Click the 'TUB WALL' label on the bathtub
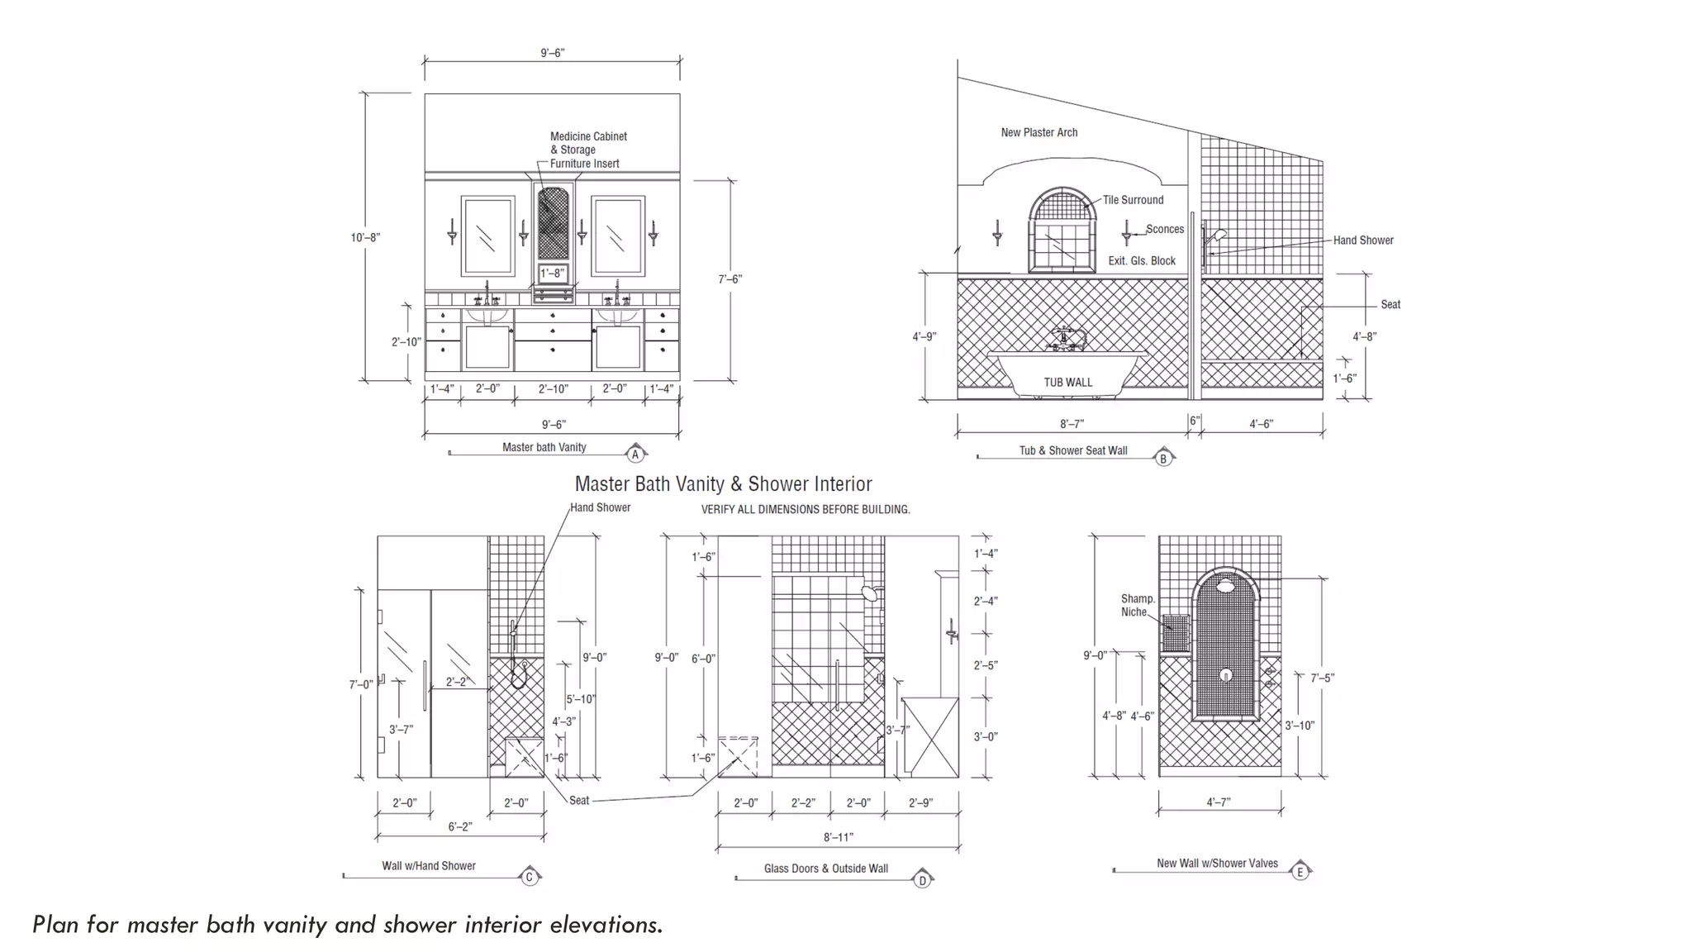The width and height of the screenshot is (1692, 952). click(1067, 382)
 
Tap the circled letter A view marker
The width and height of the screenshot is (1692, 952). click(635, 455)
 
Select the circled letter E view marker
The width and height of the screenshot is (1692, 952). click(1300, 872)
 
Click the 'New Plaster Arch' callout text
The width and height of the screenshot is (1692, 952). click(1038, 132)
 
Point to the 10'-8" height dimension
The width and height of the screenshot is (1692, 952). click(364, 237)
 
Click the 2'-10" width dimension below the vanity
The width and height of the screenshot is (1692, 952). click(553, 388)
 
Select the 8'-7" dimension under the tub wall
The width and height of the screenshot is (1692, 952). click(1072, 424)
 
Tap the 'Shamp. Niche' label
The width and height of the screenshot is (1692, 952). click(1137, 605)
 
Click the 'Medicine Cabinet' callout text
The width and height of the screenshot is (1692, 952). click(588, 136)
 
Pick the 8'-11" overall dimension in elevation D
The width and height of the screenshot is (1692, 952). click(838, 837)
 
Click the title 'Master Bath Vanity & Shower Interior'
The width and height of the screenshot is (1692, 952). click(723, 484)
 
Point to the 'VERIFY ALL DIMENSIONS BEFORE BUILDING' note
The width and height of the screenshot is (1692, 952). click(806, 510)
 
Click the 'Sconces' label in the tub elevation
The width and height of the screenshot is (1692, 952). click(1164, 229)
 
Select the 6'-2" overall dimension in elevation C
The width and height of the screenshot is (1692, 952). click(460, 826)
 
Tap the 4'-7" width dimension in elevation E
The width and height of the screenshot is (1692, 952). click(1219, 802)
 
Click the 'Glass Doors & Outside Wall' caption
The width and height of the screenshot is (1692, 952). click(825, 869)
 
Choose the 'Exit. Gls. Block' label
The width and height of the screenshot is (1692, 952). click(1142, 260)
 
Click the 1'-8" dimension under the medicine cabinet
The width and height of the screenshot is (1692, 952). click(552, 273)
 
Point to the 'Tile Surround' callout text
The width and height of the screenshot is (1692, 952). click(1133, 200)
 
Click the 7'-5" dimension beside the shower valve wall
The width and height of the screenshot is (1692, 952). click(1322, 678)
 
